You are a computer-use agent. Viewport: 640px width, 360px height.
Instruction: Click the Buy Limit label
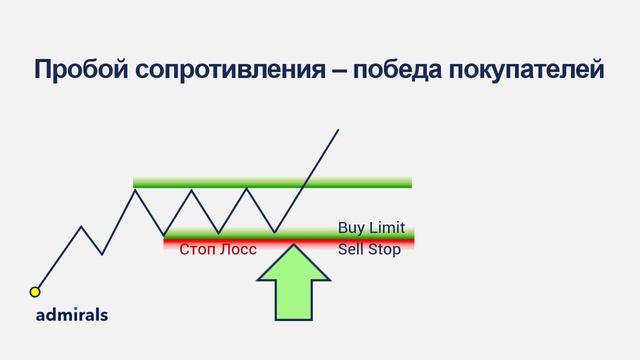click(371, 228)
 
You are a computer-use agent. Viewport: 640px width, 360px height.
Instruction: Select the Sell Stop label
click(369, 249)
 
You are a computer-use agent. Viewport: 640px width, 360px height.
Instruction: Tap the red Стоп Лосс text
click(217, 249)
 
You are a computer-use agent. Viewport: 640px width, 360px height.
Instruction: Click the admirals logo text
click(71, 314)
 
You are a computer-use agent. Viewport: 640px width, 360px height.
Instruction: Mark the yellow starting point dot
click(35, 292)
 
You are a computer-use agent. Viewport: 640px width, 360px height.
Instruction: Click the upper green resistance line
click(272, 182)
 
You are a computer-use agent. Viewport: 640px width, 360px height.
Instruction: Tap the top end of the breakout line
click(338, 130)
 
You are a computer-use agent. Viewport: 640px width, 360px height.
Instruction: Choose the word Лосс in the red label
click(238, 249)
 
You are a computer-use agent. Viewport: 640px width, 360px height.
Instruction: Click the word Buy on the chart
click(351, 228)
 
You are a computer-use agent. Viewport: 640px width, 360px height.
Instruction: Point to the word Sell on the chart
click(350, 249)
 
